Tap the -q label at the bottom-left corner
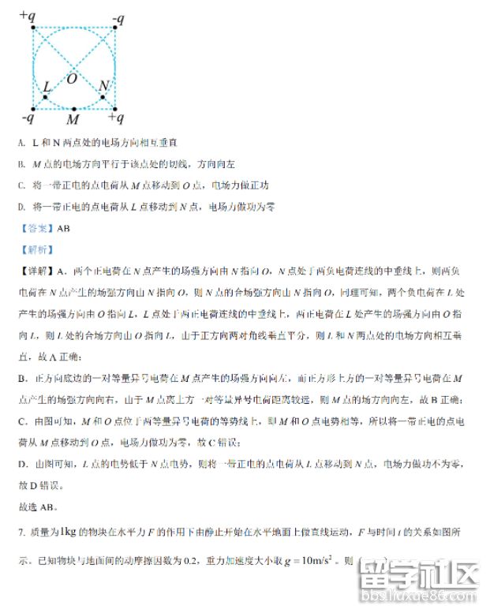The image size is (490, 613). tap(27, 118)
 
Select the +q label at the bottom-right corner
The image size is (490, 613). tap(115, 118)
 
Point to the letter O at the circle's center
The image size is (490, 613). tap(72, 78)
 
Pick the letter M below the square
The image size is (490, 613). tap(73, 120)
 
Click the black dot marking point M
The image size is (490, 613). tap(73, 109)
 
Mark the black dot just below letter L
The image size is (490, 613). tap(45, 97)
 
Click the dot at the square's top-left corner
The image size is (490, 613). tap(33, 27)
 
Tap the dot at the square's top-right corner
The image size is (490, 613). tap(115, 27)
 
